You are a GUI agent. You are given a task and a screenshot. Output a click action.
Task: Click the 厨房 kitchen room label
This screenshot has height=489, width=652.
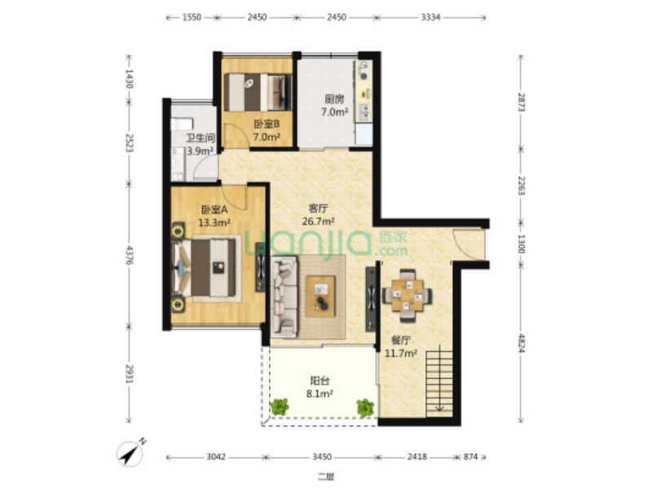click(334, 99)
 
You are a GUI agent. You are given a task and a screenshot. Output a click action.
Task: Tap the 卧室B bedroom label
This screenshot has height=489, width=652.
click(267, 124)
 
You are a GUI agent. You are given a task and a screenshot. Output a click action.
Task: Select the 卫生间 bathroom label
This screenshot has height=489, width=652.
click(200, 138)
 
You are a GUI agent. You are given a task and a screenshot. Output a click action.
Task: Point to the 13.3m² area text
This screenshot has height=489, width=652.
click(214, 222)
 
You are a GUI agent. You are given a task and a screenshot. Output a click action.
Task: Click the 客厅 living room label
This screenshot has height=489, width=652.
click(318, 208)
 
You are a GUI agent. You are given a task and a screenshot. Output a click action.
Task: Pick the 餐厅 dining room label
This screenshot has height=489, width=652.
click(401, 340)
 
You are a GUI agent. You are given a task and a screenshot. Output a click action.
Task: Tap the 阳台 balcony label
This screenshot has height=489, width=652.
click(319, 380)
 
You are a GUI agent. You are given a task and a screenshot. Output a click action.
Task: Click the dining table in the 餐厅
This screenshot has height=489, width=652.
click(407, 296)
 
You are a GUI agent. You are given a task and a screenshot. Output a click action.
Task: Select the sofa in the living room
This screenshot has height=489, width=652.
click(284, 297)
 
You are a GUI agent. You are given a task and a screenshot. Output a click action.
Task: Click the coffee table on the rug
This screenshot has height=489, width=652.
click(320, 297)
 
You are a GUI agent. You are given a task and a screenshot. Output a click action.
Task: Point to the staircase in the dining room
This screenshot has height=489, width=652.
click(439, 382)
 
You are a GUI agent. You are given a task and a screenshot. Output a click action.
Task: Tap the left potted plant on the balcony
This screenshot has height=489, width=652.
click(280, 406)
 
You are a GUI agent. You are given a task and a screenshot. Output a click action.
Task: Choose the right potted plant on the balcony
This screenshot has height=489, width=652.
click(365, 407)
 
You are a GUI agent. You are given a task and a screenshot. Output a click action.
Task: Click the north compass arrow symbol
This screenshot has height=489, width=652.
click(131, 452)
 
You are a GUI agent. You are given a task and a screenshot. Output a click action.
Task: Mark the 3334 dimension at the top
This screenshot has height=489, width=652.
click(430, 17)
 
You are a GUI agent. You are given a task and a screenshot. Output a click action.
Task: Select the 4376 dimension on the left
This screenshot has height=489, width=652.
click(130, 254)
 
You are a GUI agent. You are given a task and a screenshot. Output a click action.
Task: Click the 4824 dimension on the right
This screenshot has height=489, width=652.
click(521, 342)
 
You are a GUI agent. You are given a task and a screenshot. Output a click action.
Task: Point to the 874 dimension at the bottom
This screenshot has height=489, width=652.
click(470, 457)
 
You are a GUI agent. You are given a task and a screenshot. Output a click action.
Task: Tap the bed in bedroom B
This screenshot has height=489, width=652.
click(257, 92)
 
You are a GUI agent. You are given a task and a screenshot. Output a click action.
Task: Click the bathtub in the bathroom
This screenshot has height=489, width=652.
click(182, 124)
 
